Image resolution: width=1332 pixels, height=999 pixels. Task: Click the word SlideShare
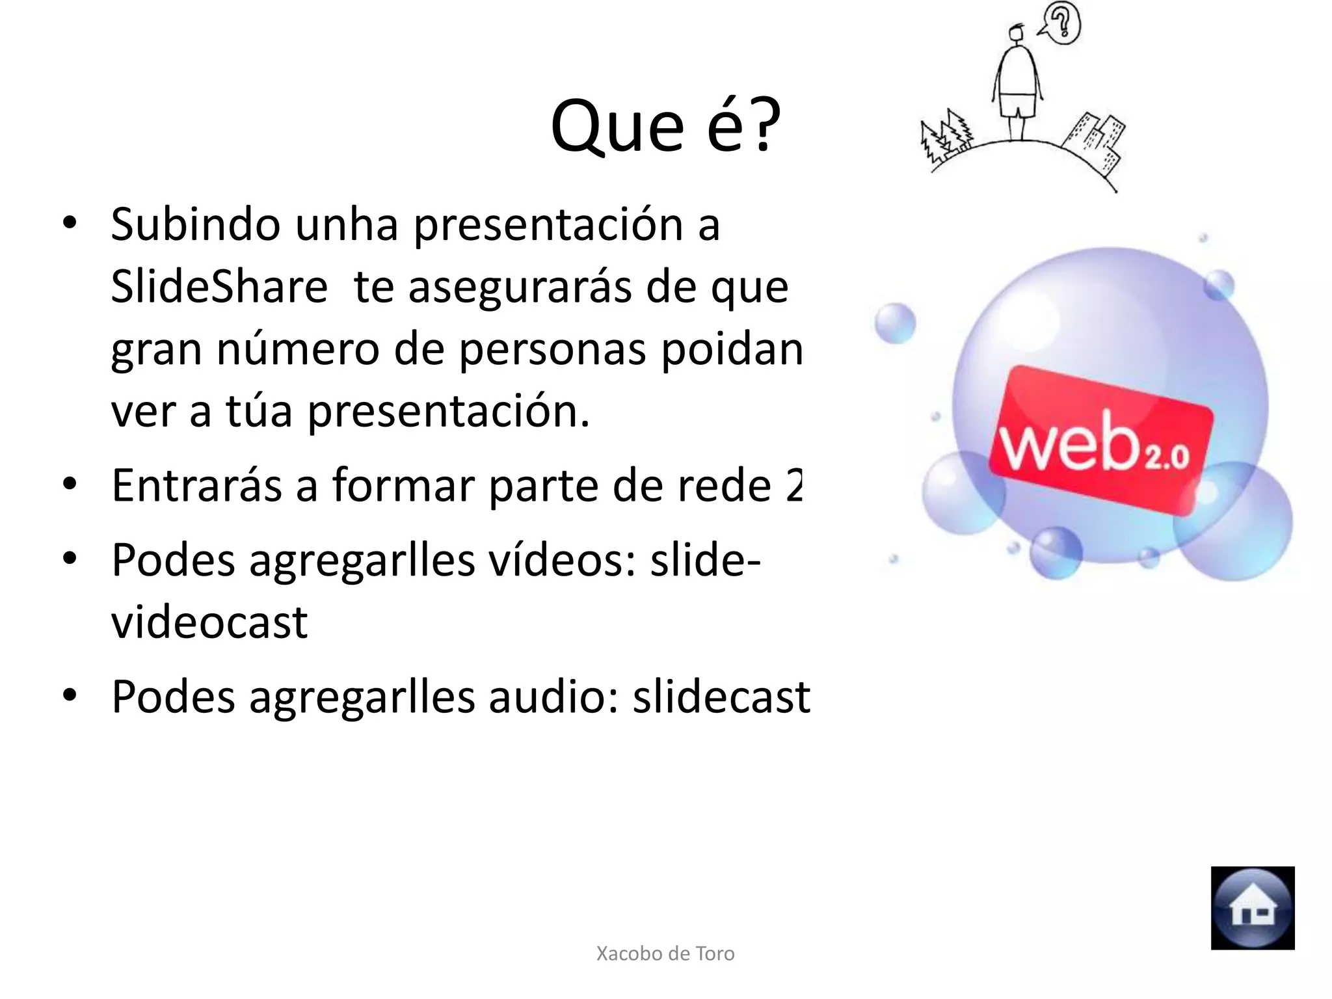219,287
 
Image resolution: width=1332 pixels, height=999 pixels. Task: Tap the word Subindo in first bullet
195,224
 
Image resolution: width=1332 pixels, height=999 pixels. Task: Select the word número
297,349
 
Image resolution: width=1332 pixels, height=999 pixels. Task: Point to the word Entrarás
196,486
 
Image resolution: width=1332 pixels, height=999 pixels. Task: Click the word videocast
209,623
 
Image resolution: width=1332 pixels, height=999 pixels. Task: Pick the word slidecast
721,697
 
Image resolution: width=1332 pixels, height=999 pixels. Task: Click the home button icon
1252,908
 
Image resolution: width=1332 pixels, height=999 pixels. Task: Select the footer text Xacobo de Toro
665,953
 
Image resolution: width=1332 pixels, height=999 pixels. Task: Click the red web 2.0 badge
1100,440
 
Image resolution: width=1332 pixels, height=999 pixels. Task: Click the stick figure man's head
1017,34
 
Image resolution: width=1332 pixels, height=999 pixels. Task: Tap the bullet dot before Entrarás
70,485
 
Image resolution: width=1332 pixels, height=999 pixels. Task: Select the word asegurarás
520,287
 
